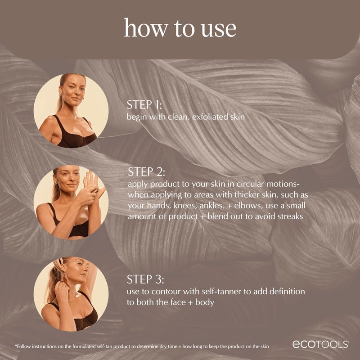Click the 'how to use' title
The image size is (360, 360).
click(x=180, y=28)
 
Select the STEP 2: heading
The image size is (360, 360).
click(x=147, y=172)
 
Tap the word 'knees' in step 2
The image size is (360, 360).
click(x=200, y=206)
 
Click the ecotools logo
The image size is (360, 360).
click(x=321, y=344)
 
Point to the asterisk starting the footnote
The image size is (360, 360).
click(x=16, y=346)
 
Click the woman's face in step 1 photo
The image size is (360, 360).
click(x=71, y=92)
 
